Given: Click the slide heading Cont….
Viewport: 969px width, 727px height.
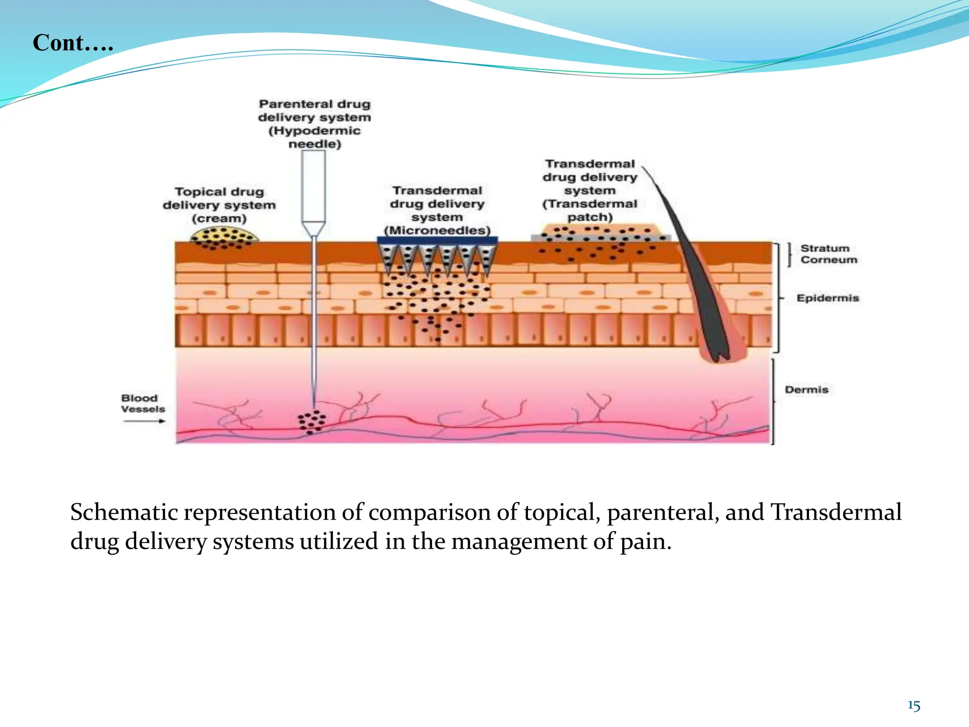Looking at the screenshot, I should (x=73, y=43).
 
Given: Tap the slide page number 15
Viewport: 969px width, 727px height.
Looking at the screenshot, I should (x=914, y=706).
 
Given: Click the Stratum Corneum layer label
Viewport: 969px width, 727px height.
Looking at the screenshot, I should (x=828, y=254).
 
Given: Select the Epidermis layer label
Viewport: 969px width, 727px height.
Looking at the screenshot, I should (x=828, y=298).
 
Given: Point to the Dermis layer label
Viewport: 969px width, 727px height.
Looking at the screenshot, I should (x=807, y=390).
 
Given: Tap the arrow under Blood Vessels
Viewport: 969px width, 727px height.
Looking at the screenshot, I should (x=144, y=421).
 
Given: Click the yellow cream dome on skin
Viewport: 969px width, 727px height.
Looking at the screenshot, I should (x=224, y=235).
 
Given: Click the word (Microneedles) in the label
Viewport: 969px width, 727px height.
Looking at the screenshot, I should (x=437, y=231).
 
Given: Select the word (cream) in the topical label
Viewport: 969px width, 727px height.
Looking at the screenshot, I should (x=219, y=219).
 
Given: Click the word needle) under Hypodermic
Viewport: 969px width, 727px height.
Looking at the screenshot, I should (x=315, y=144).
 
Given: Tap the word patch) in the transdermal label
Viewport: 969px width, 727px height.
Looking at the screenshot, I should (x=590, y=218).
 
